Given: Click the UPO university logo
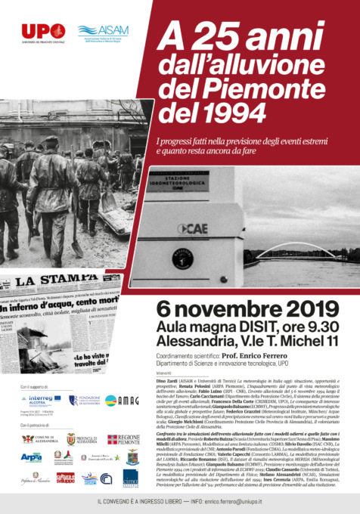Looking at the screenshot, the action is tap(42, 32).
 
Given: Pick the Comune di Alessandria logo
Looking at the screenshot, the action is tap(38, 439).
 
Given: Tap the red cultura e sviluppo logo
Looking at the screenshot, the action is tap(65, 477).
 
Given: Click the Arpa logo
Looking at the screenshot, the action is tap(32, 457).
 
